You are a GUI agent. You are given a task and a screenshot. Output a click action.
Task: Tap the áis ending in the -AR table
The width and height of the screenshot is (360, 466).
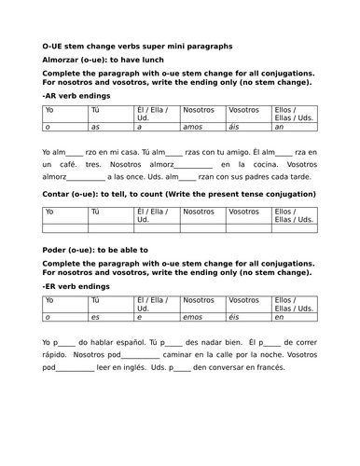(x=236, y=125)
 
